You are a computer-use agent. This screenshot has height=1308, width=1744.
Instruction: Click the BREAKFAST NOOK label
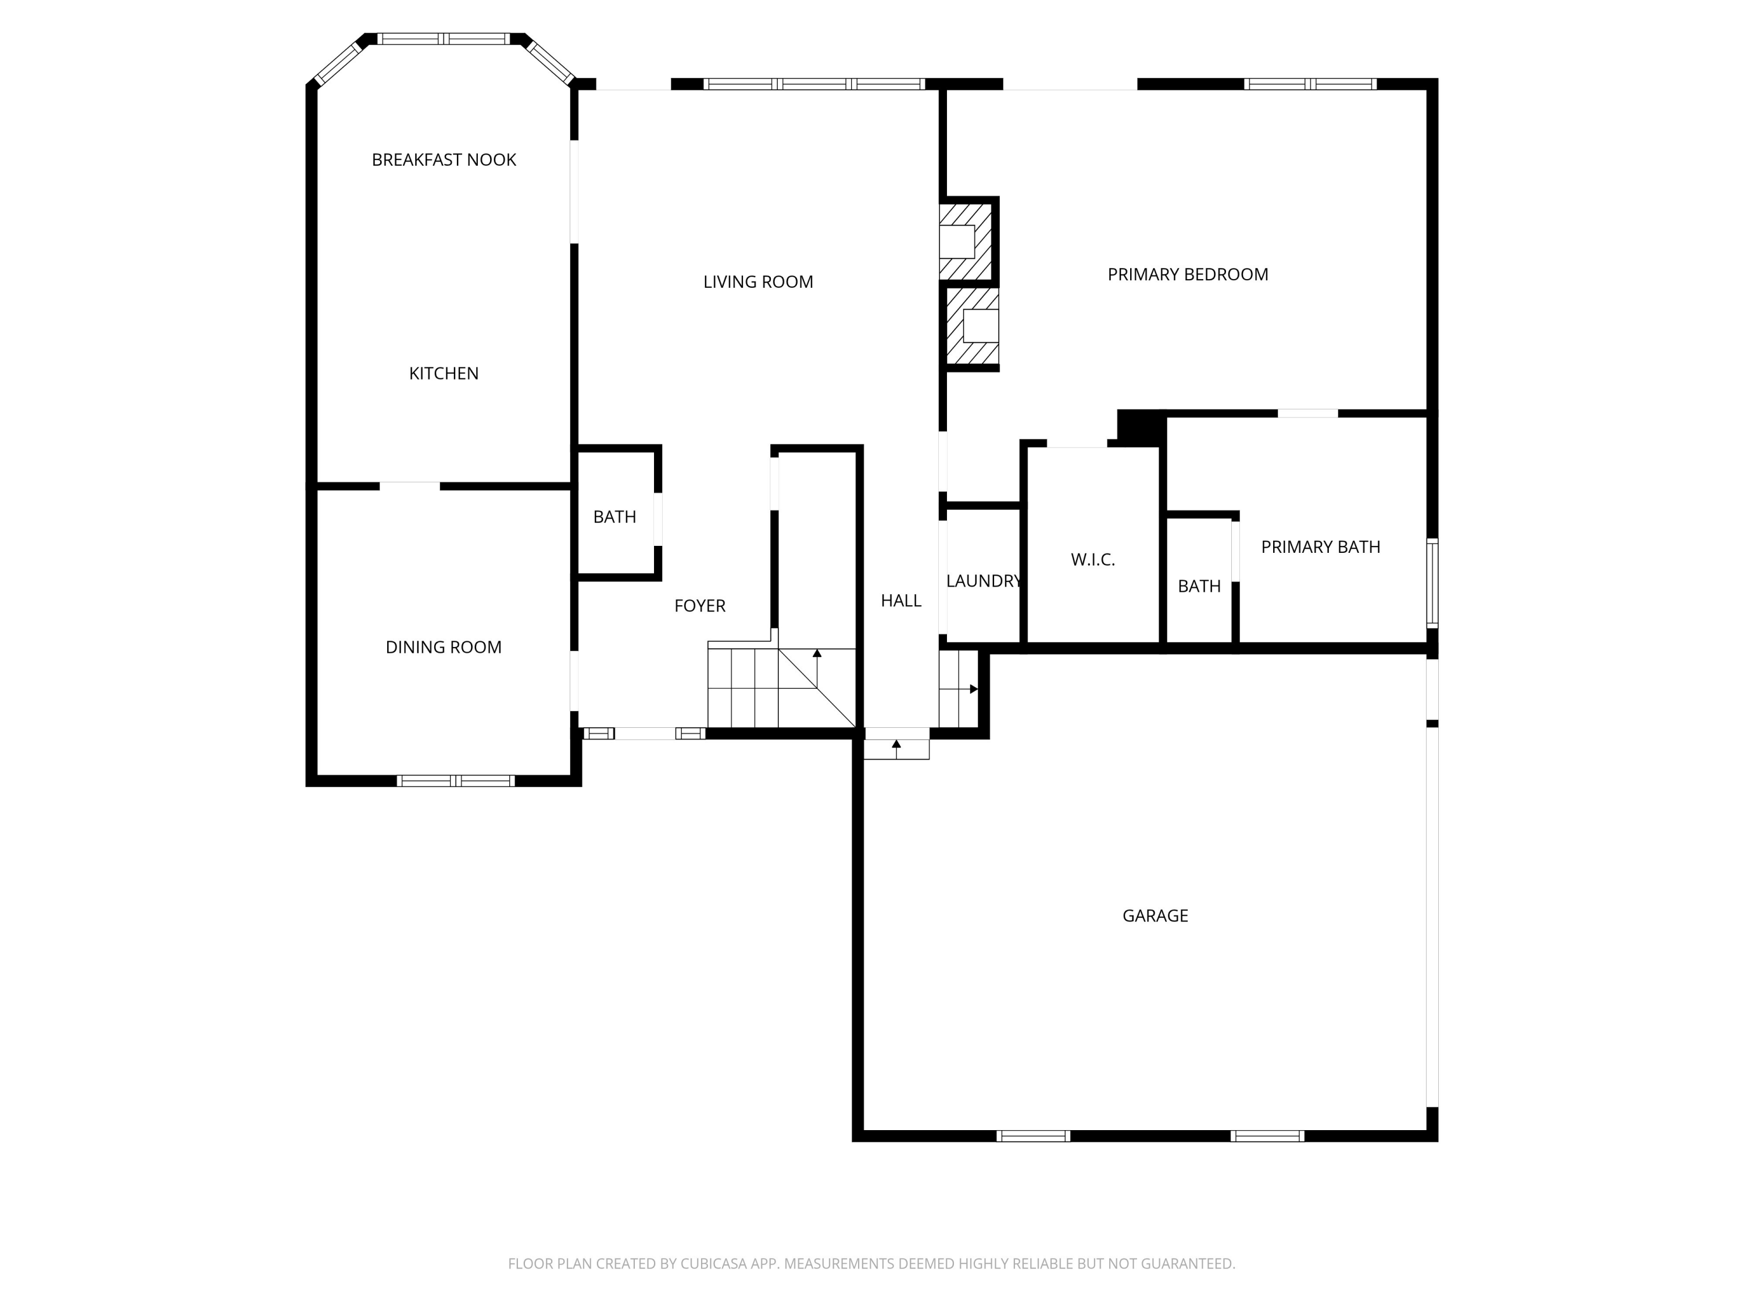444,160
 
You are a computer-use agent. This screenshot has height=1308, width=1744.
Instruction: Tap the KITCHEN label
443,374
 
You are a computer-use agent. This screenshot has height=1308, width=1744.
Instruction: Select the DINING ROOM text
443,647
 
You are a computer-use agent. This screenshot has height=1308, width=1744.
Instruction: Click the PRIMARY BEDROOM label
1187,274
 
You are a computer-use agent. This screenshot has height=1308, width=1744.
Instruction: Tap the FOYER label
699,606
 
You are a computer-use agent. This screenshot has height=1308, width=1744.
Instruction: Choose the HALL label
900,601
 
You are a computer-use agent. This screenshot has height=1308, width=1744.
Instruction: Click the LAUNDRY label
983,581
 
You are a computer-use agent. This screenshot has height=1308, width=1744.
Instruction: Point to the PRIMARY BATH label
1320,547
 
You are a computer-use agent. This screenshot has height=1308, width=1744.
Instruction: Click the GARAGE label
1155,916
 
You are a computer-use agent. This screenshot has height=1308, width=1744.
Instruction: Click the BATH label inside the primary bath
1198,587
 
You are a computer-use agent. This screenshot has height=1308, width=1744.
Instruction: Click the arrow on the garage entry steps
973,689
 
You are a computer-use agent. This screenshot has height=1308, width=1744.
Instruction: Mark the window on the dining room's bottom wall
455,781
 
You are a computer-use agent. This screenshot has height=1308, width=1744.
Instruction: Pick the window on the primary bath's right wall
1432,584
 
